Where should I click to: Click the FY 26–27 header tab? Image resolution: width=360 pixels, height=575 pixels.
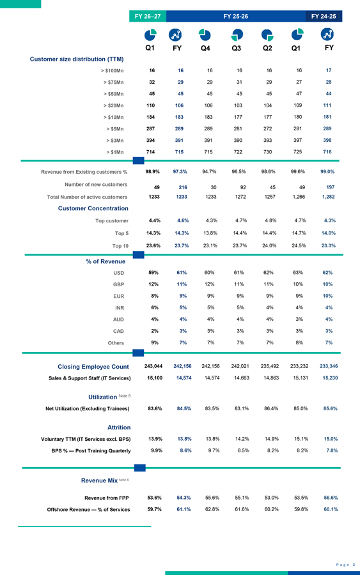point(148,16)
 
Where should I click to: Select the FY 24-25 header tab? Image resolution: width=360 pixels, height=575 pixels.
point(324,16)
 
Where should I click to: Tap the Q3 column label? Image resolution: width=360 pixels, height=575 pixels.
point(237,48)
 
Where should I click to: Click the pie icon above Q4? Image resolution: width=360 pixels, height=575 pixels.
point(205,35)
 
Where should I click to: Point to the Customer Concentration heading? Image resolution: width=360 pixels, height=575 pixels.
point(93,208)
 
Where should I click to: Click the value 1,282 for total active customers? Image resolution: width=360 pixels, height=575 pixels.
point(329,197)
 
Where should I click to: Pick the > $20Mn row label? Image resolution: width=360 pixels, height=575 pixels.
point(113,105)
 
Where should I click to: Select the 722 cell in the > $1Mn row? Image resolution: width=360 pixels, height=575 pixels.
point(238,152)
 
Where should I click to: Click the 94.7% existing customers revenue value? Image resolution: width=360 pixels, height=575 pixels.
point(210,172)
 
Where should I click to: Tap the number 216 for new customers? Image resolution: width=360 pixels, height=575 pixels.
point(183,187)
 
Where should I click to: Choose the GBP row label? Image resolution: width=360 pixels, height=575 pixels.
point(118,284)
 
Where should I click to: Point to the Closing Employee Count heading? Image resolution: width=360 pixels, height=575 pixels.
point(93,367)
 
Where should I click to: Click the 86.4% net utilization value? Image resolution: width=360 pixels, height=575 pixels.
point(271,408)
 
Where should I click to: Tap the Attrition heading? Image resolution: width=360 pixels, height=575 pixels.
point(119,427)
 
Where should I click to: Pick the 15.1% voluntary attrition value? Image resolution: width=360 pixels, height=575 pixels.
point(301,439)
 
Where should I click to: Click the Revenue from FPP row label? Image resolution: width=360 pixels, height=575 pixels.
point(106,498)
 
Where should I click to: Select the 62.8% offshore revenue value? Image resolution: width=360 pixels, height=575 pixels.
point(212,509)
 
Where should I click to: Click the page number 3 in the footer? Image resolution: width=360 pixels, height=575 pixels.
point(354,565)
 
